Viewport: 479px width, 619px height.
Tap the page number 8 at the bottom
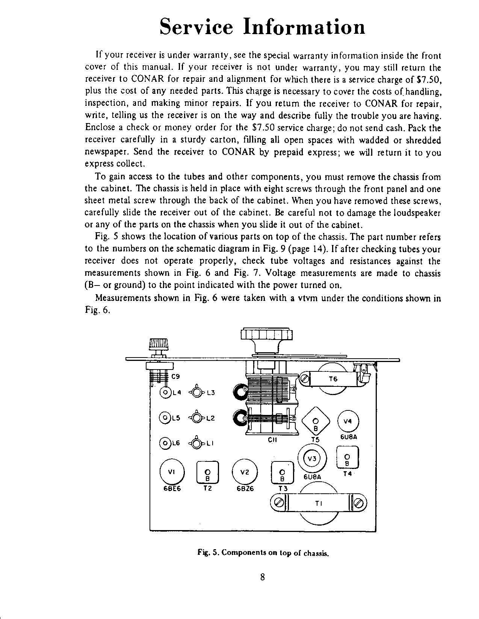[x=263, y=577]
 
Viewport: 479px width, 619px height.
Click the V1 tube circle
[x=172, y=472]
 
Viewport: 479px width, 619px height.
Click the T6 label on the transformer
[x=333, y=379]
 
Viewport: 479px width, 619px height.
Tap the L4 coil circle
[x=165, y=392]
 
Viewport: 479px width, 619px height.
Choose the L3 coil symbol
[x=197, y=392]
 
